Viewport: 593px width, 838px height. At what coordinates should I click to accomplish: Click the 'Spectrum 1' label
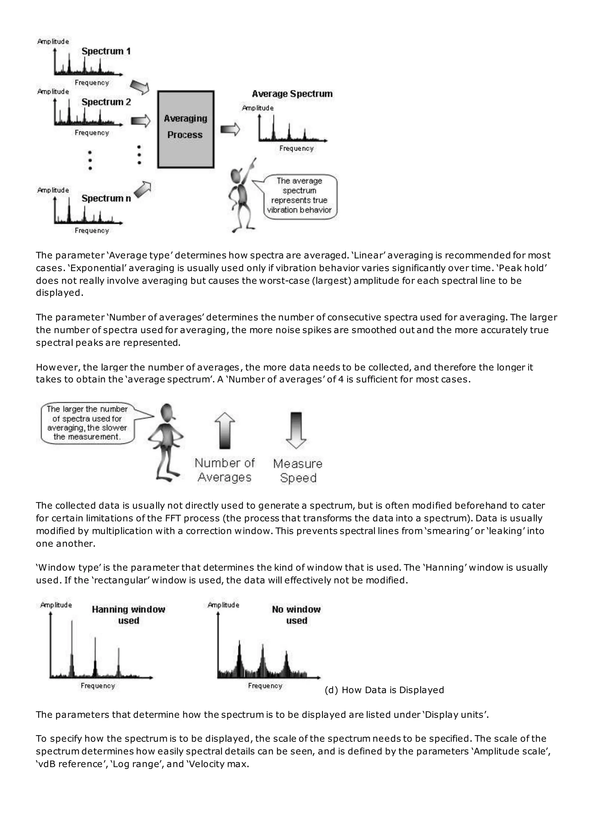pos(106,51)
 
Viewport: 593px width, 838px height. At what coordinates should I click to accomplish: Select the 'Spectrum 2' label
pos(106,102)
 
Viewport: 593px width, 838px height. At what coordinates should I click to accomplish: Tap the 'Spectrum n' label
pos(106,199)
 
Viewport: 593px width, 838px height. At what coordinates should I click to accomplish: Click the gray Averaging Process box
pos(186,129)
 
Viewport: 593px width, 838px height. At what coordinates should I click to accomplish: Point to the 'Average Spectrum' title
pos(292,94)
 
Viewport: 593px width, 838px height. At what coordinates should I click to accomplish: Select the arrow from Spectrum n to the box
pos(143,189)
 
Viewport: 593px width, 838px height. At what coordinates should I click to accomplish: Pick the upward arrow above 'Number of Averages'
pos(225,430)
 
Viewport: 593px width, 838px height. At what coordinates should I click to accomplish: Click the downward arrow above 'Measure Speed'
pos(296,430)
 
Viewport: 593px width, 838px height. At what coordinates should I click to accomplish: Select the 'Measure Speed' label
pos(298,471)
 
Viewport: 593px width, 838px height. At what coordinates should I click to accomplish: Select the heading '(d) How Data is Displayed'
pos(384,690)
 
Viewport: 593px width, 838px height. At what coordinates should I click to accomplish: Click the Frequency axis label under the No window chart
pos(265,686)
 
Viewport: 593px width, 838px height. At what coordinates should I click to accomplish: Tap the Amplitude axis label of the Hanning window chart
pos(56,605)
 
